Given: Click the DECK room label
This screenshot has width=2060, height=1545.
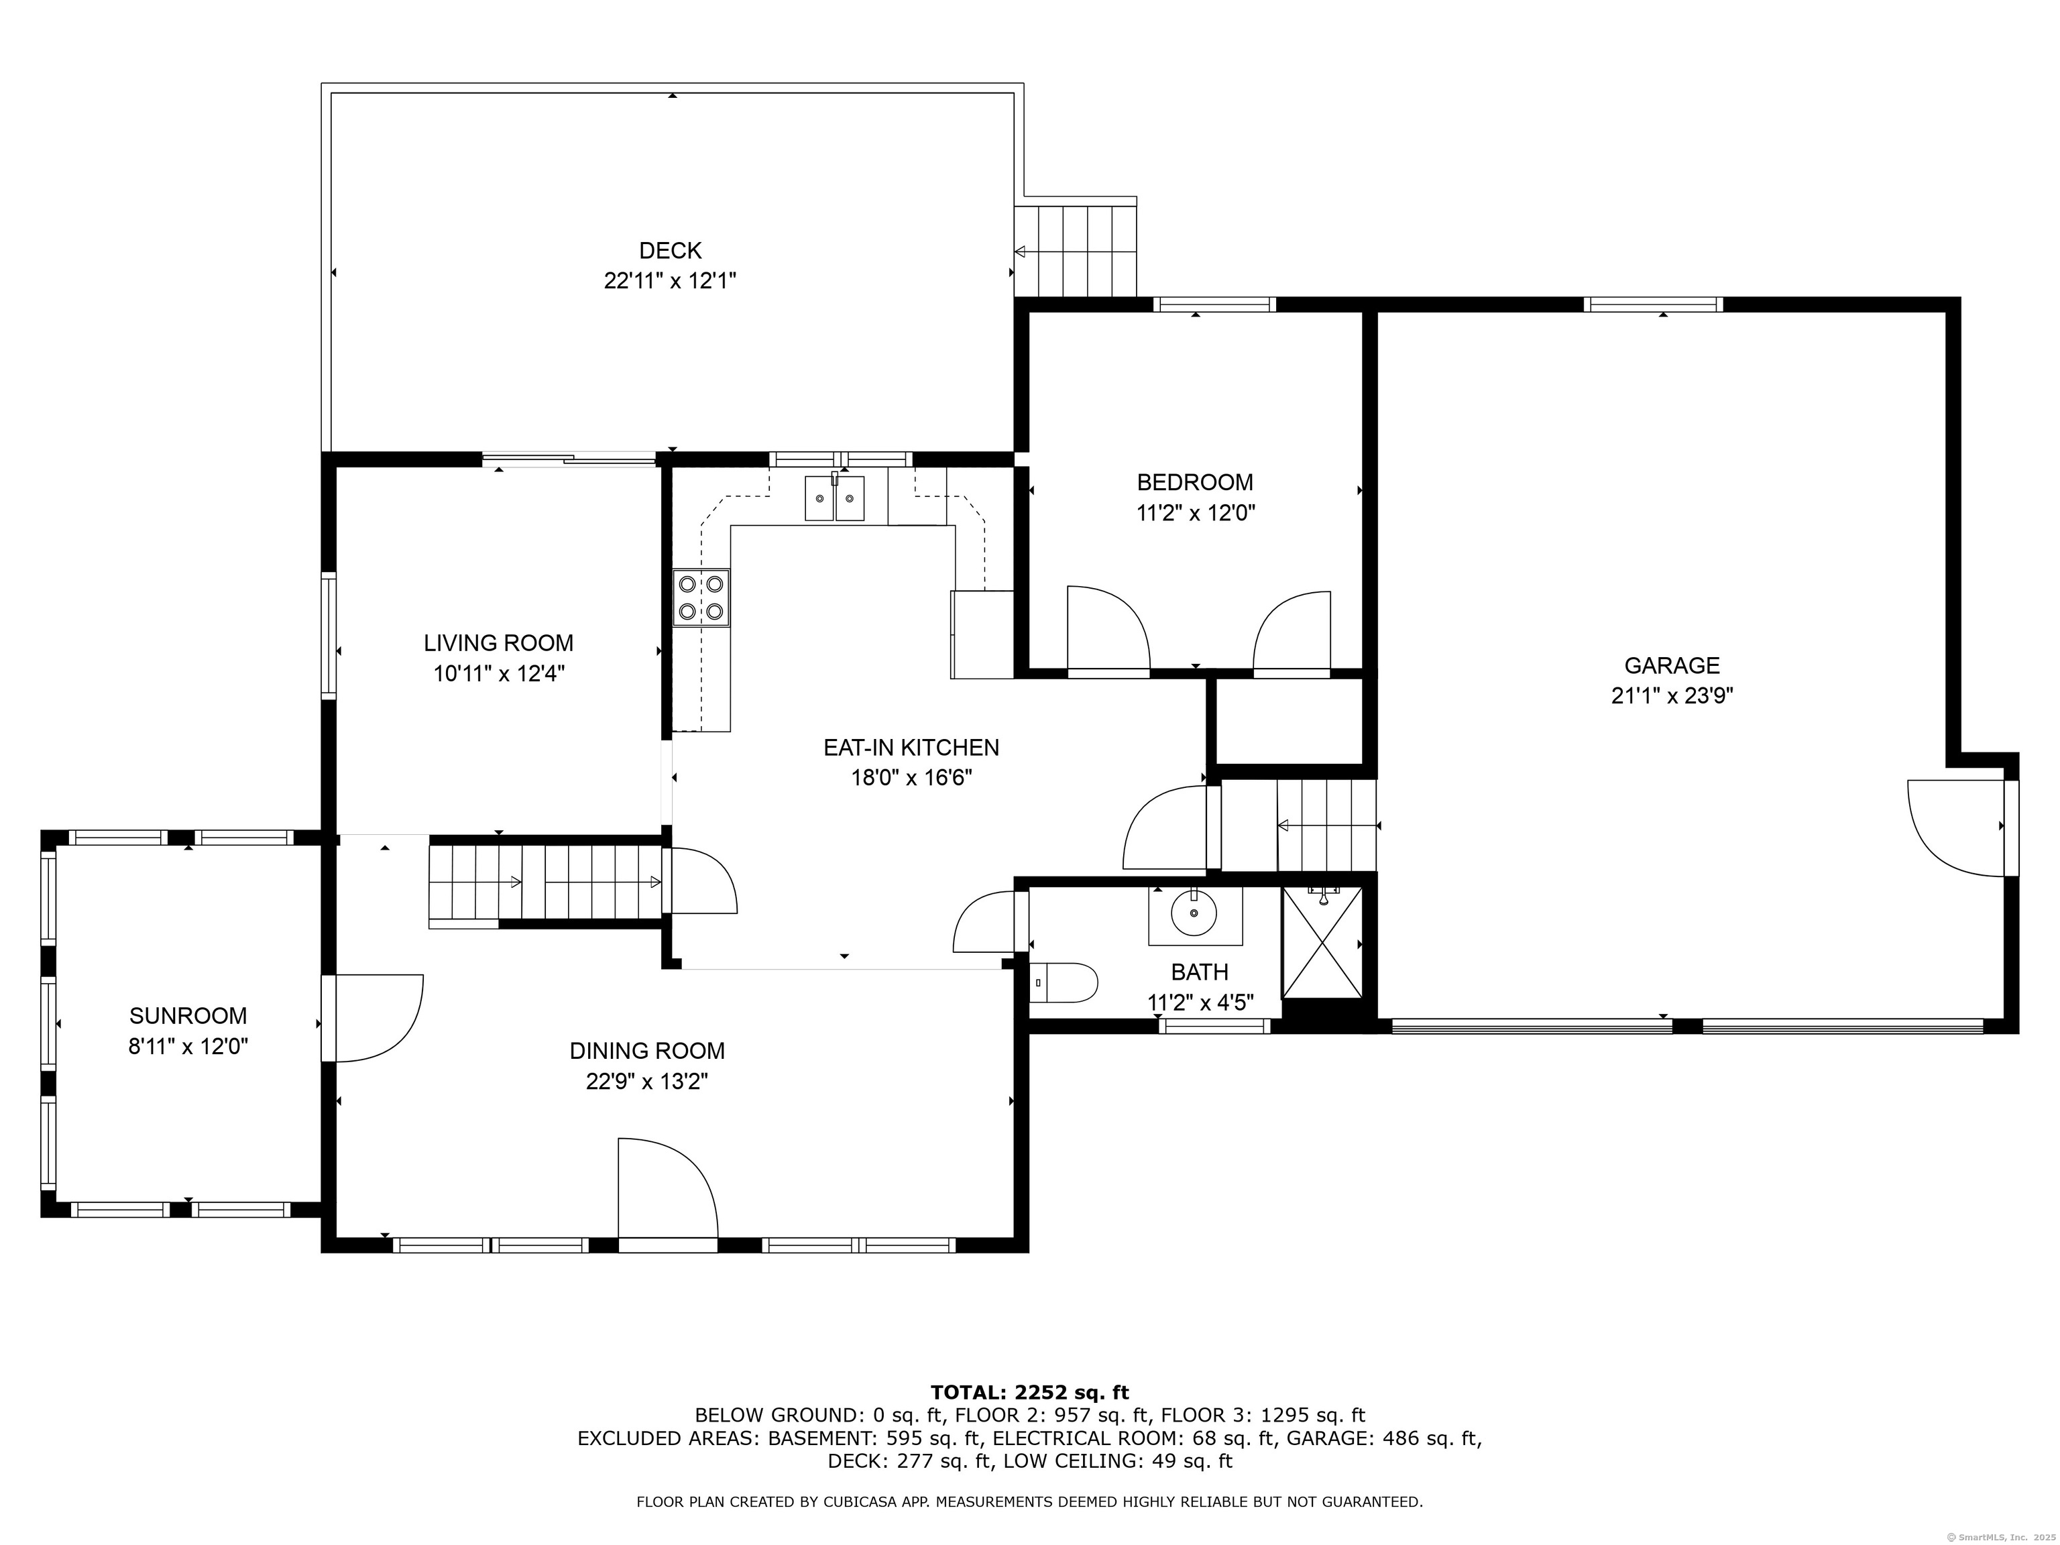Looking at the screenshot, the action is click(x=670, y=251).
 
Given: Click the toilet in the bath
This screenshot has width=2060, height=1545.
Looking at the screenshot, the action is click(x=1064, y=982).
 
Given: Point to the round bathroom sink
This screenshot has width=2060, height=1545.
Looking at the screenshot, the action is click(x=1194, y=913).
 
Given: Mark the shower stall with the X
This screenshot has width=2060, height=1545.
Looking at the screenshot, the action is click(x=1322, y=942).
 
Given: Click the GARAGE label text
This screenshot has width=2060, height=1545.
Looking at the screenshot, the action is click(x=1672, y=666).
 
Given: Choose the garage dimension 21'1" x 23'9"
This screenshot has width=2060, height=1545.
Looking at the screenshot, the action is click(x=1672, y=695).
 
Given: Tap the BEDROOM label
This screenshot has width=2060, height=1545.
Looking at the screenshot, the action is click(x=1195, y=482).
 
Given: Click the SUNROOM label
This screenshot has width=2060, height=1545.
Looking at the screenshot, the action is click(x=188, y=1016).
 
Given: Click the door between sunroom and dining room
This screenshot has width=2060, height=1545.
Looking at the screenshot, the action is click(x=373, y=1018).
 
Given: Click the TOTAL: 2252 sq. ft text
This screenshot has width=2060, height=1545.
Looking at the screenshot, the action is click(x=1030, y=1392).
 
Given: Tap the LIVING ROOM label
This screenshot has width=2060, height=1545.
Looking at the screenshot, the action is click(x=498, y=642).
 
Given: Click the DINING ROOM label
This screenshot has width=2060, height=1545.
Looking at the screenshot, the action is click(x=647, y=1051).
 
